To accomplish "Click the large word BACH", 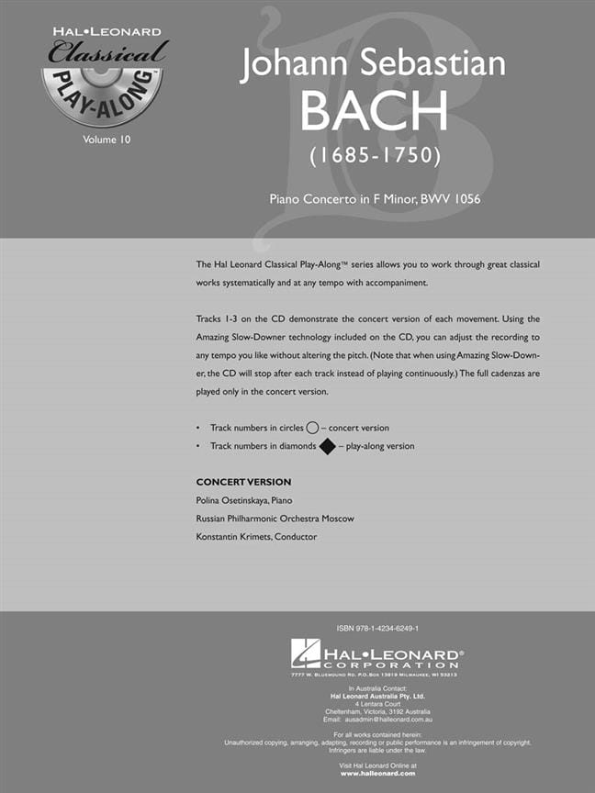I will pyautogui.click(x=374, y=111).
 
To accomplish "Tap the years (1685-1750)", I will pyautogui.click(x=374, y=155).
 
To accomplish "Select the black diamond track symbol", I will pyautogui.click(x=326, y=446).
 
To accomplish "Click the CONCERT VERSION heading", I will pyautogui.click(x=243, y=482).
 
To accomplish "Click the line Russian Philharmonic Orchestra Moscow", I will pyautogui.click(x=275, y=519).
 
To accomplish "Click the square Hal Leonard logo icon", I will pyautogui.click(x=305, y=653).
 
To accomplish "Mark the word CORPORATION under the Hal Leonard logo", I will pyautogui.click(x=388, y=665).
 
